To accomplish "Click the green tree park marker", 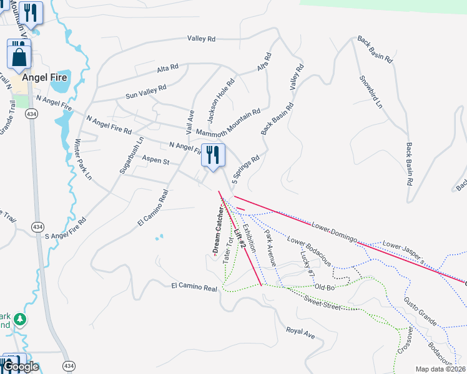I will coord(21,320).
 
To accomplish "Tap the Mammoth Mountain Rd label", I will coord(228,123).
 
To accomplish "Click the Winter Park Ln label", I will coord(84,160).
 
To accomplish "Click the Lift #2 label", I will coord(239,239).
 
